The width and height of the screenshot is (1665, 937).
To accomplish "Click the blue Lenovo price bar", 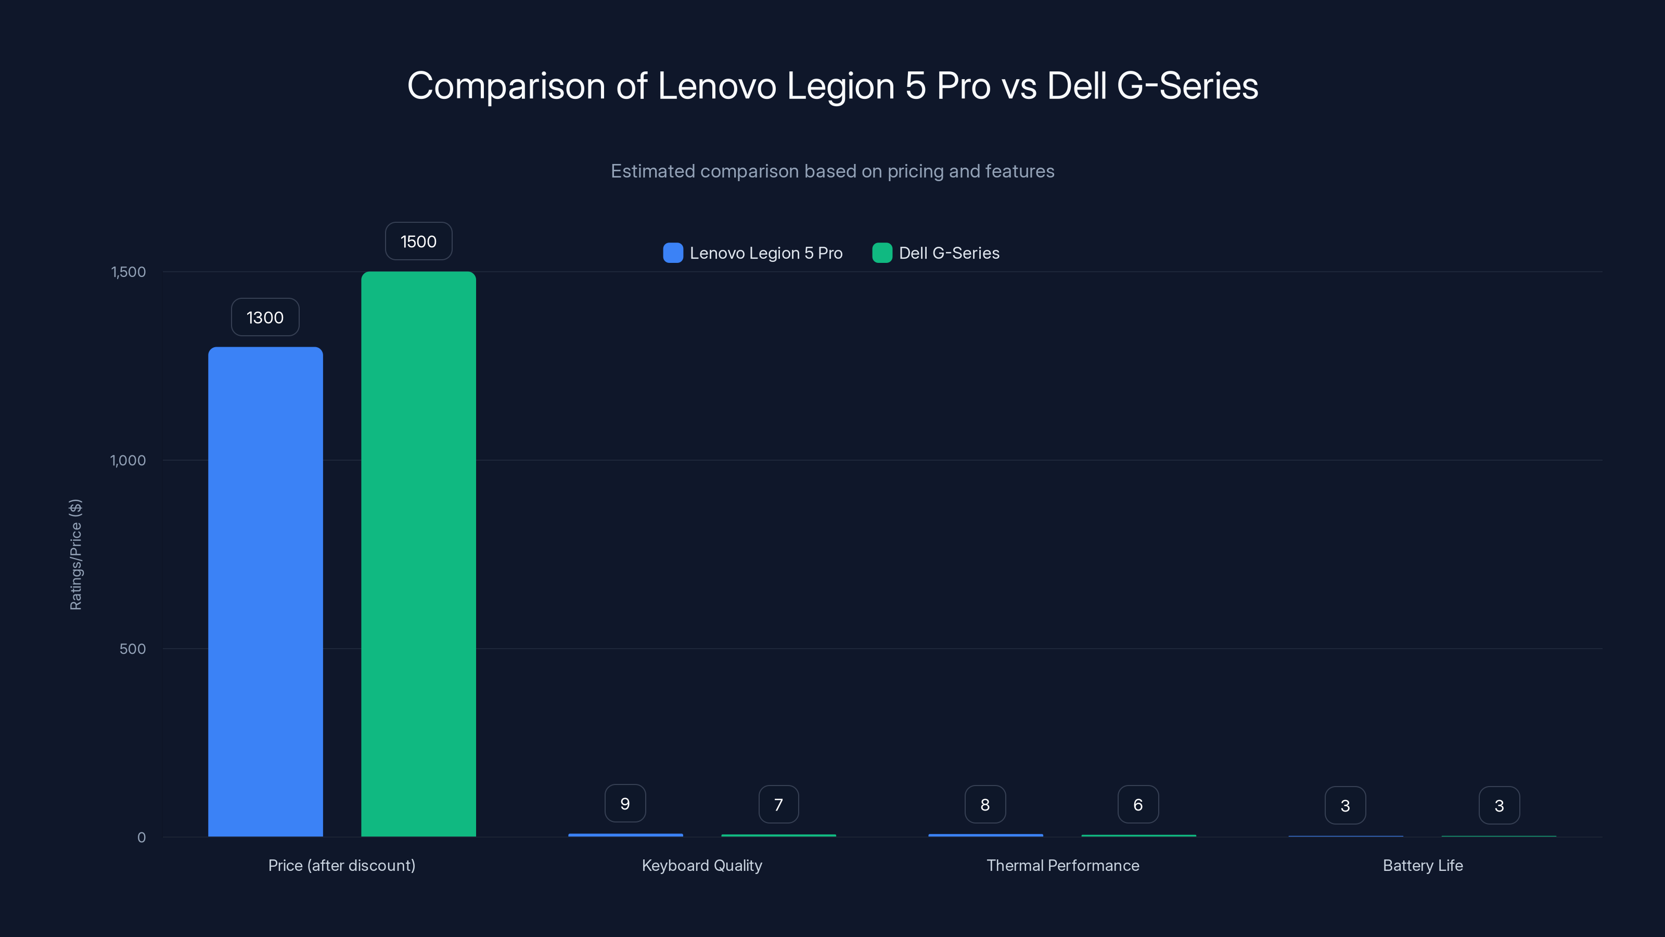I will [x=265, y=592].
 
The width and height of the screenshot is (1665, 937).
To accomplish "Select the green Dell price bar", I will [x=418, y=554].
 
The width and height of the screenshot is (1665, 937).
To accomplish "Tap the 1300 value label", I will [x=265, y=318].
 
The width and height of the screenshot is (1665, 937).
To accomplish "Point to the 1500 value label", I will [x=418, y=241].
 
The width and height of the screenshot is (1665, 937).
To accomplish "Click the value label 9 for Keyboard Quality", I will [x=625, y=803].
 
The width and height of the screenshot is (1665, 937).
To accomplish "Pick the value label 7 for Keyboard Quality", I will [x=778, y=804].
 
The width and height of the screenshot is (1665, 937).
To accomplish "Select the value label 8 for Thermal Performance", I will [x=985, y=804].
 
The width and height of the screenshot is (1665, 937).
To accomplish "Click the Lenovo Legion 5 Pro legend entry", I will [x=753, y=253].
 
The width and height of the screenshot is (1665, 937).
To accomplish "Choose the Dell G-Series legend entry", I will [x=936, y=253].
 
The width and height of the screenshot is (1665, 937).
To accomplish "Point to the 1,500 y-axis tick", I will [x=129, y=272].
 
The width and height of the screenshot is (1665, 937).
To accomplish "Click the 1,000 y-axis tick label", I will [x=128, y=460].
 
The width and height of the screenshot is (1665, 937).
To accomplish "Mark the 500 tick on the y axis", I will [x=133, y=649].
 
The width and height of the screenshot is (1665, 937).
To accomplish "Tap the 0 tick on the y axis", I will [x=142, y=838].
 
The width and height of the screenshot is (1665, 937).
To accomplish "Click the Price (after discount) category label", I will [x=342, y=865].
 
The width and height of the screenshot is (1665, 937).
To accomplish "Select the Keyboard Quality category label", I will [x=702, y=865].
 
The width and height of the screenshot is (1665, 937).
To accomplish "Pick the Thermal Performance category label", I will [x=1062, y=865].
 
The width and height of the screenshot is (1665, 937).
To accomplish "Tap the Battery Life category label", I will [x=1423, y=865].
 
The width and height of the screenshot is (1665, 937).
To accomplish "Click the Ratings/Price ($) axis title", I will [x=75, y=554].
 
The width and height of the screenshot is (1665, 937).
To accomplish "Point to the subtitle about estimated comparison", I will [x=832, y=171].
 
